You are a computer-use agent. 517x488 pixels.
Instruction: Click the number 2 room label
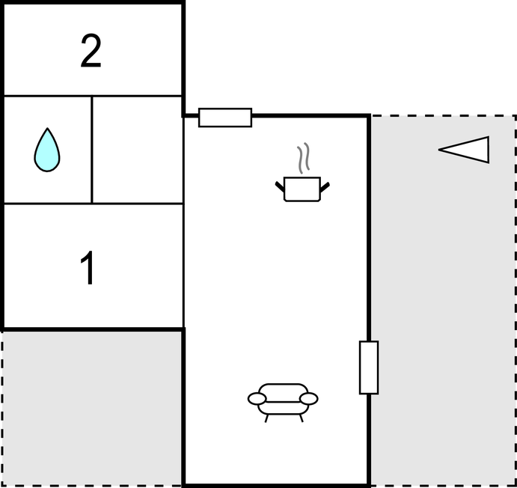pyautogui.click(x=91, y=50)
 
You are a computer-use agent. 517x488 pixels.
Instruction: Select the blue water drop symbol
pyautogui.click(x=47, y=150)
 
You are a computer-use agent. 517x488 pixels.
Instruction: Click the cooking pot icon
pyautogui.click(x=302, y=189)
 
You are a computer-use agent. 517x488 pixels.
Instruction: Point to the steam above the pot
pyautogui.click(x=303, y=158)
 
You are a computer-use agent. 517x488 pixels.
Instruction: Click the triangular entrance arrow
pyautogui.click(x=464, y=150)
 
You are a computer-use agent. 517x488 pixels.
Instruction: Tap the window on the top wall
pyautogui.click(x=225, y=118)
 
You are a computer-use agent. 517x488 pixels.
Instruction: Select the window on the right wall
pyautogui.click(x=369, y=367)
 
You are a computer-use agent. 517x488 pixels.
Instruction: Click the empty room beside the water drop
pyautogui.click(x=138, y=150)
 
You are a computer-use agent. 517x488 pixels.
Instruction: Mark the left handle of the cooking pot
pyautogui.click(x=280, y=186)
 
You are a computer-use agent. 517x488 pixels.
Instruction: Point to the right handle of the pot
pyautogui.click(x=325, y=187)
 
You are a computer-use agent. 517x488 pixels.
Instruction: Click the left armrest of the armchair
pyautogui.click(x=257, y=399)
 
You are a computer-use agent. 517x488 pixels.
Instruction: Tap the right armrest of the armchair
pyautogui.click(x=309, y=399)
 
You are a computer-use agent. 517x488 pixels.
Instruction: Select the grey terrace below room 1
pyautogui.click(x=91, y=409)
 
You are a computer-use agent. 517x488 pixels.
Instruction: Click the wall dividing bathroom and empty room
pyautogui.click(x=92, y=150)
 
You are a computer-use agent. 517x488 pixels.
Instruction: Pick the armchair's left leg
pyautogui.click(x=266, y=418)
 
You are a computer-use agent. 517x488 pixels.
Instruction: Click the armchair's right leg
pyautogui.click(x=301, y=418)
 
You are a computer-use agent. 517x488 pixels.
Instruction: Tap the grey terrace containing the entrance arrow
pyautogui.click(x=443, y=300)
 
